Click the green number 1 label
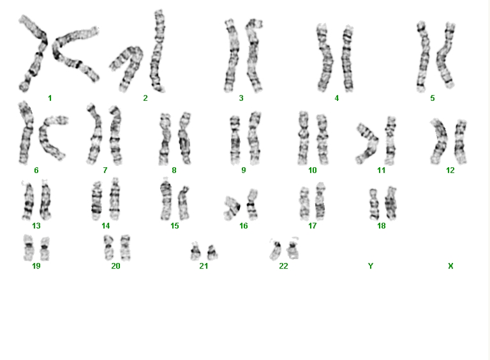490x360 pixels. (x=50, y=98)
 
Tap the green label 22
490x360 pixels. (x=283, y=266)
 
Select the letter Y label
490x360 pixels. (x=370, y=266)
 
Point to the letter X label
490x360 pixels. (x=450, y=266)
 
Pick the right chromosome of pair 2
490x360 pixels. (x=157, y=52)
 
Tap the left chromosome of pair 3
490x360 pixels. (x=231, y=56)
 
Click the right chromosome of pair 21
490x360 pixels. (x=212, y=252)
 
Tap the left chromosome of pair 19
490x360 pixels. (x=28, y=248)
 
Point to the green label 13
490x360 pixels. (x=36, y=225)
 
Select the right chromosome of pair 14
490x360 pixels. (x=115, y=199)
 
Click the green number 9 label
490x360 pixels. (x=244, y=170)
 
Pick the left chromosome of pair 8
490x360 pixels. (x=165, y=140)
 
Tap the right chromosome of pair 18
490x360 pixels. (x=390, y=203)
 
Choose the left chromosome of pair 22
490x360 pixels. (x=276, y=250)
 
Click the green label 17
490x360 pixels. (x=312, y=225)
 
